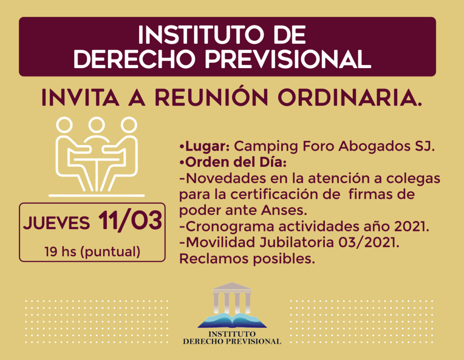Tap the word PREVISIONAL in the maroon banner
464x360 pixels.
(288, 59)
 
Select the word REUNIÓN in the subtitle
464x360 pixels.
(211, 97)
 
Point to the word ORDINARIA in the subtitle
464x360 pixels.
(349, 97)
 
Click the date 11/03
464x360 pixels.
(130, 220)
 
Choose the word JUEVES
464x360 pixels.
(56, 223)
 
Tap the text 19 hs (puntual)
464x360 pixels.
(93, 252)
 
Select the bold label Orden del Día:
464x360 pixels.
(233, 162)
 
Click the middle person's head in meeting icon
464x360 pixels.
(97, 125)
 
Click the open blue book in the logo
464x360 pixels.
(232, 320)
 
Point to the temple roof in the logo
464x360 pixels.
(232, 286)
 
